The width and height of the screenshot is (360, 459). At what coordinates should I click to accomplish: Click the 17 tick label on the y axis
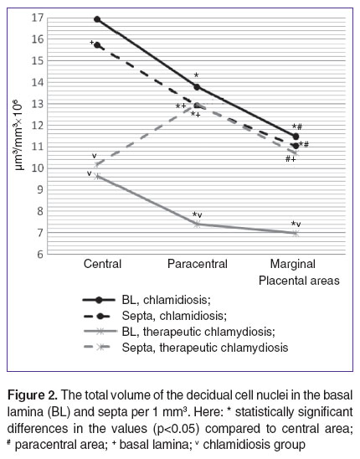[38, 18]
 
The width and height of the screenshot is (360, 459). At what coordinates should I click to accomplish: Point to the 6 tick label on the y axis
[40, 254]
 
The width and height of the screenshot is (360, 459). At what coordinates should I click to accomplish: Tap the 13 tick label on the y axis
[38, 104]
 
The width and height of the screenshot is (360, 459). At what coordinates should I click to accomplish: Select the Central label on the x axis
[102, 264]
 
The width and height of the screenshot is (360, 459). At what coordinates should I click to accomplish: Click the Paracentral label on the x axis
[198, 264]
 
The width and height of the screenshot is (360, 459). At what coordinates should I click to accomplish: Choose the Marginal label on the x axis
[293, 264]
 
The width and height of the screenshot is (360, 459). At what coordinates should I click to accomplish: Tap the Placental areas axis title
[299, 281]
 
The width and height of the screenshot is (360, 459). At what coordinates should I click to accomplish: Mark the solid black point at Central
[97, 19]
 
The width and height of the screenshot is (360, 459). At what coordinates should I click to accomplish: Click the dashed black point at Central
[97, 45]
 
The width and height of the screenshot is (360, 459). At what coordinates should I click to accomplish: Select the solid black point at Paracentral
[197, 87]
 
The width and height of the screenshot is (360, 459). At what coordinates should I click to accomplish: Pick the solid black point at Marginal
[296, 137]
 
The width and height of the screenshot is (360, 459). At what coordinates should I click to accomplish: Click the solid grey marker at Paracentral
[197, 224]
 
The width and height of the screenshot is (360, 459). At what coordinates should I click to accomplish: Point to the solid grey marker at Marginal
[296, 234]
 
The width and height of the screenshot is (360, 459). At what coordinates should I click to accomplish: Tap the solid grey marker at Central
[97, 176]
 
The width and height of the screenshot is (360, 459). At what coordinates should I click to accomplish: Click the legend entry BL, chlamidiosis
[147, 300]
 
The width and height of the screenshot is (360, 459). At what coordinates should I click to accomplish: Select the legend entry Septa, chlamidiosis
[155, 316]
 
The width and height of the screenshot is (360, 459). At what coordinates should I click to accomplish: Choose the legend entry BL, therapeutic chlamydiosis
[179, 332]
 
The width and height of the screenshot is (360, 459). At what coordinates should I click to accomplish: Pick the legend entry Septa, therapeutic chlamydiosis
[186, 348]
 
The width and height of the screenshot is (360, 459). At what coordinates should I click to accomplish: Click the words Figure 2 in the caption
[32, 395]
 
